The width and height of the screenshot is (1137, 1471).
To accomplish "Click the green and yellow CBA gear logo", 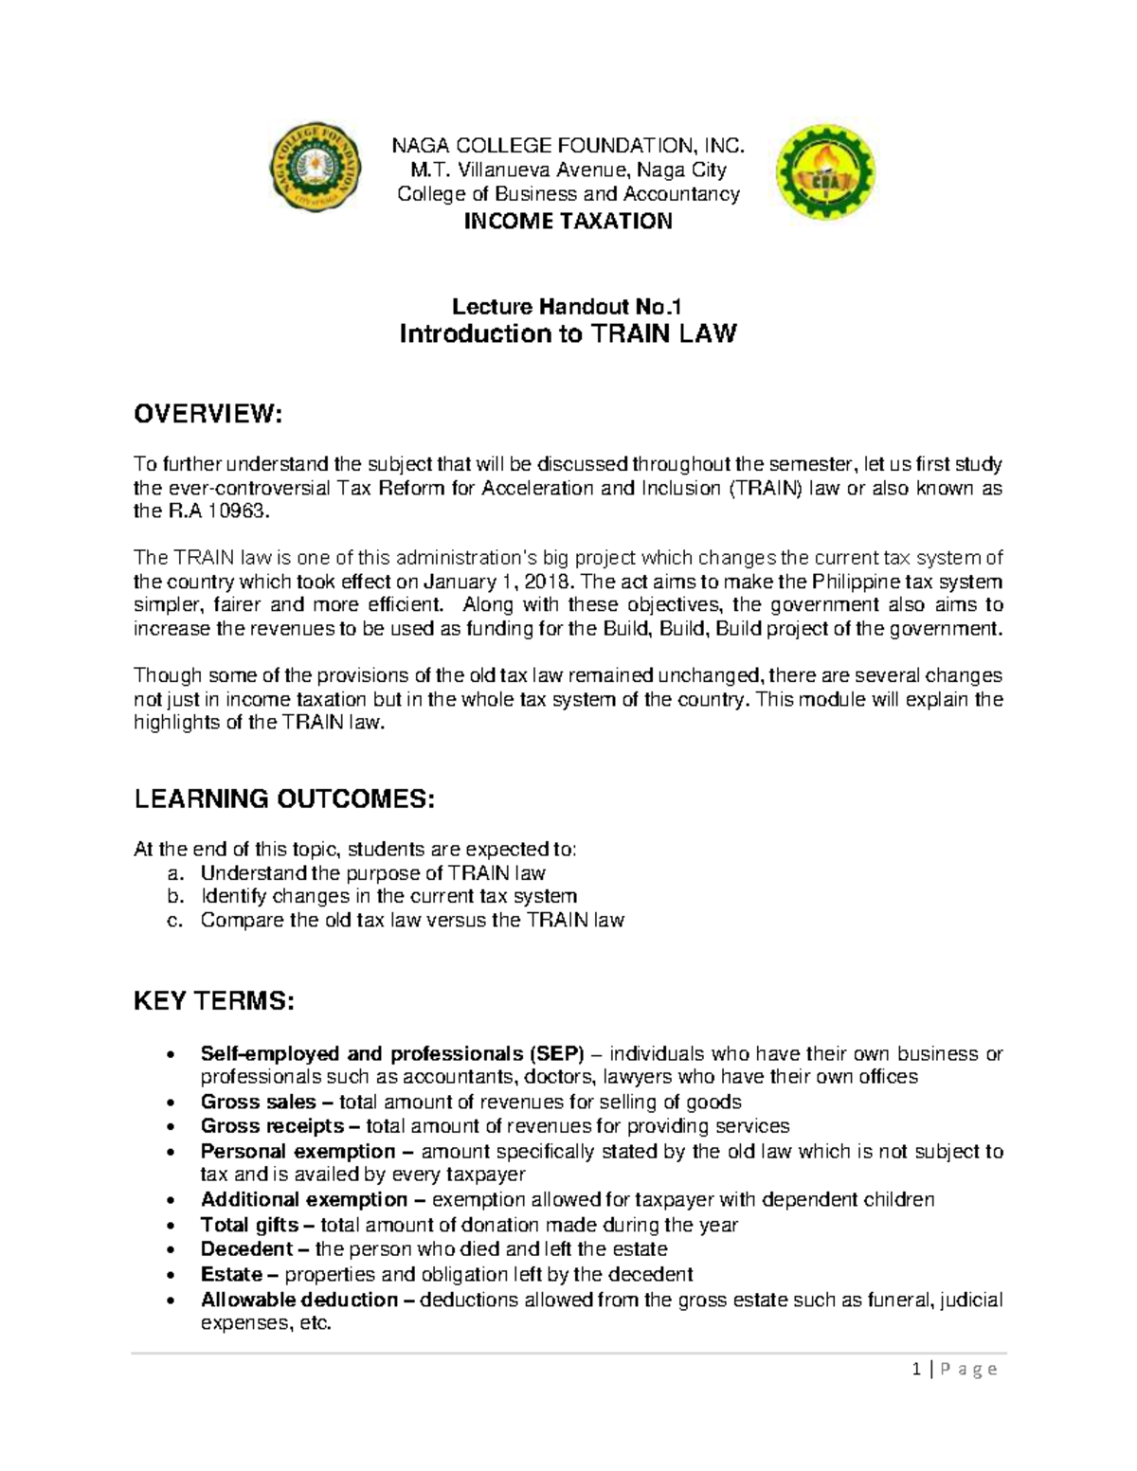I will click(x=824, y=172).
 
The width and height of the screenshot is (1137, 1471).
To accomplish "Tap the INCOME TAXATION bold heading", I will click(x=568, y=222).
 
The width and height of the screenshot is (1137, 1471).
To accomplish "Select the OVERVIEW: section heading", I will click(x=208, y=414).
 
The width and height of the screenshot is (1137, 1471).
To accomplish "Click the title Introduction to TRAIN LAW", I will click(x=568, y=334).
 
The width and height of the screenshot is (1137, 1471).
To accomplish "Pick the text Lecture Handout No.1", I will click(x=568, y=306).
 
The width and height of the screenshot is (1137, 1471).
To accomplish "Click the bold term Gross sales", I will click(x=259, y=1102).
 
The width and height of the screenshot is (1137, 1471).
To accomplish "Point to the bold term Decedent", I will click(x=246, y=1248).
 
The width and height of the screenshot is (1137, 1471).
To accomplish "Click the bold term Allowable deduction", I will click(x=299, y=1299).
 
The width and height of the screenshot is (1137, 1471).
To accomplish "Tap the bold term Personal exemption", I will click(x=298, y=1151).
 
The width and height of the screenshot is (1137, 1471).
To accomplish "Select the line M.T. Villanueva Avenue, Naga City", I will click(x=568, y=170).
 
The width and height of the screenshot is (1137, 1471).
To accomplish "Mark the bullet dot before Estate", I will click(x=169, y=1275).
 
